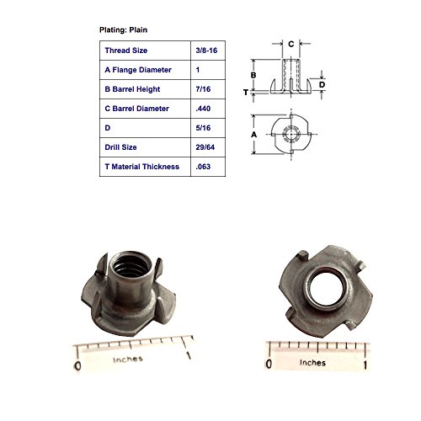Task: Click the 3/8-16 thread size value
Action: point(206,51)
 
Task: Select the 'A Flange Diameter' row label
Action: point(138,70)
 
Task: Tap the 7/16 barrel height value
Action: point(203,89)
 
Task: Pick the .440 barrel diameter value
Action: point(203,109)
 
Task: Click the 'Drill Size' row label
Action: point(120,147)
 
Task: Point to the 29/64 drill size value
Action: point(205,147)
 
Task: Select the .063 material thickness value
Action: point(203,167)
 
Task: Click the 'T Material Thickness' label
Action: point(142,167)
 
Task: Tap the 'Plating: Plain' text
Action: point(123,30)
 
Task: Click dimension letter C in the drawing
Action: point(291,44)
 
